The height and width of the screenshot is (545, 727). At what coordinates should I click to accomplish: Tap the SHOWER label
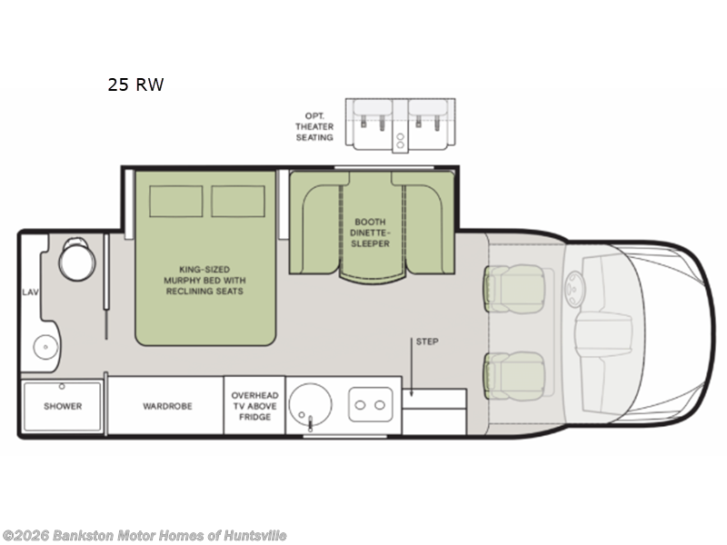point(63,406)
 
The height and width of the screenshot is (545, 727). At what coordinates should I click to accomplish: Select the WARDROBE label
point(167,406)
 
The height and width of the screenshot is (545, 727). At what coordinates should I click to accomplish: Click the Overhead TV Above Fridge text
point(254,406)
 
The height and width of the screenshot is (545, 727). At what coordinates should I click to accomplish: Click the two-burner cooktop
point(372,401)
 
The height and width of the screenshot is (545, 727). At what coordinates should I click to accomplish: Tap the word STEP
point(426,342)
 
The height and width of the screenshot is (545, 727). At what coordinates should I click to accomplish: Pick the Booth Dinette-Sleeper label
point(372,233)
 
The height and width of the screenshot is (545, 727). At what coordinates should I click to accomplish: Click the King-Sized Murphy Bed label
point(204,280)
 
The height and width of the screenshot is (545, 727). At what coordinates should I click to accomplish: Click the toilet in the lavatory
point(74,262)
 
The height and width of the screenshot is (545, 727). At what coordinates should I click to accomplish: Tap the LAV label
point(29,292)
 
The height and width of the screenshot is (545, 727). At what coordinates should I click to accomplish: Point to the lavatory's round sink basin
point(42,346)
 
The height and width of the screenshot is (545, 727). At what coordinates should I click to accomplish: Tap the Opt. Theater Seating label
point(314,127)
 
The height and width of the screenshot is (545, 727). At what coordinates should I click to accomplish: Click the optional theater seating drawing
point(401,125)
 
